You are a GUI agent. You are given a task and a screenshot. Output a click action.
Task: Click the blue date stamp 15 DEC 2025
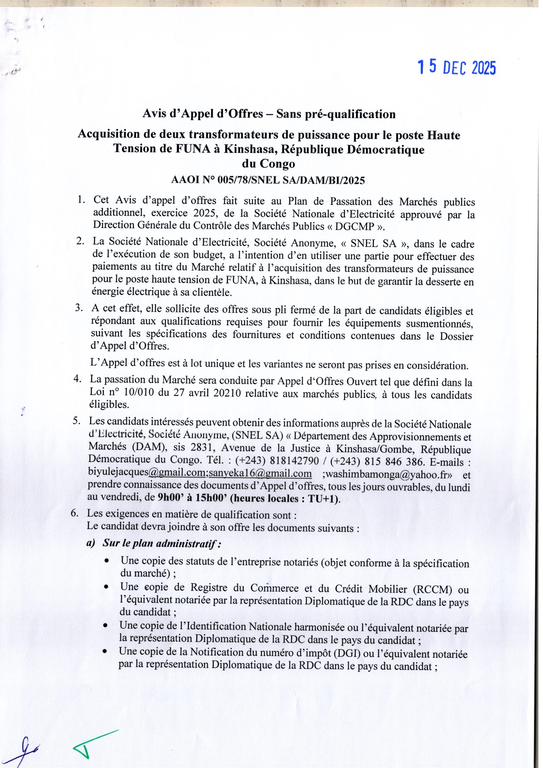[x=456, y=68]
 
